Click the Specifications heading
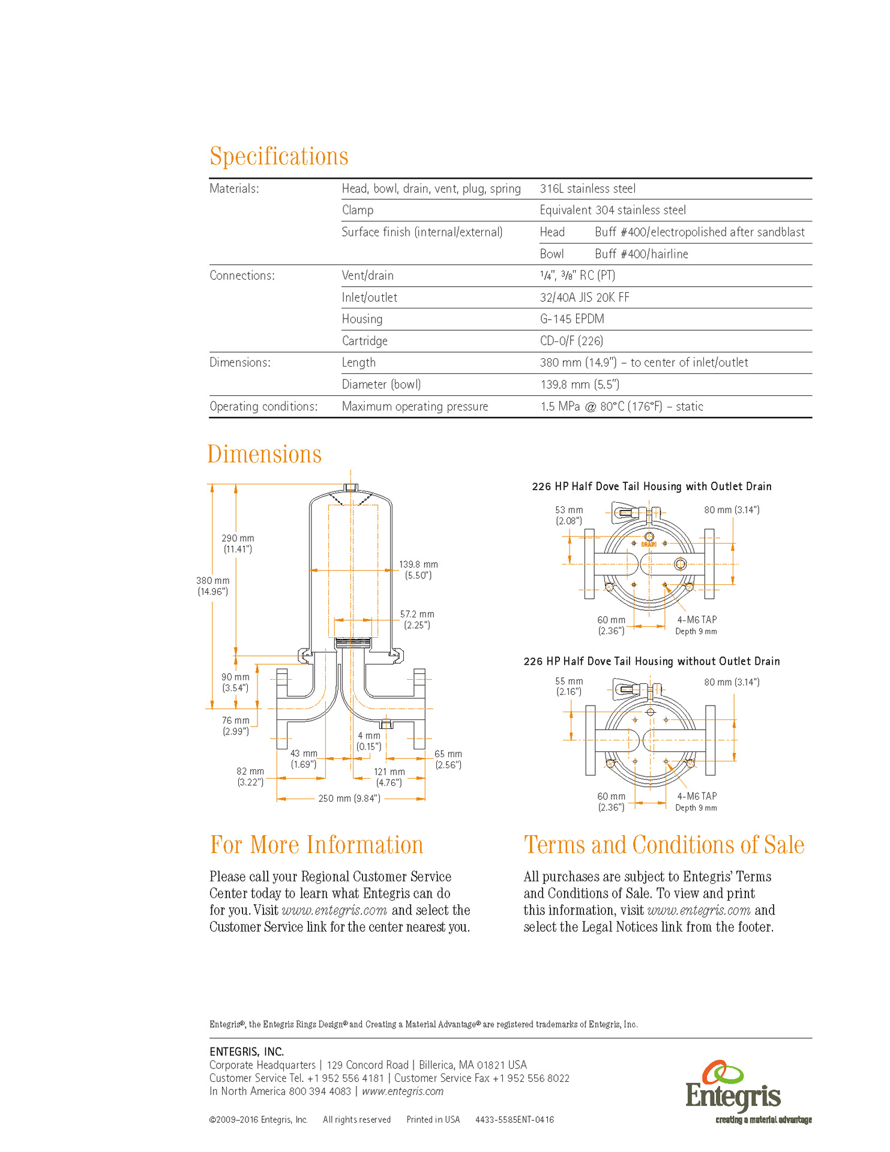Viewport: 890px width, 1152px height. [278, 156]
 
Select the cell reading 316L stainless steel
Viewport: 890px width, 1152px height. [588, 189]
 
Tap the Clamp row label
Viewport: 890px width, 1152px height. [358, 211]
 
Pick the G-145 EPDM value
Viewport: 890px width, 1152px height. [572, 319]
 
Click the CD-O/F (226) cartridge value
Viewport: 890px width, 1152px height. [571, 341]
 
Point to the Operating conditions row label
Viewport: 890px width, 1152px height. [263, 407]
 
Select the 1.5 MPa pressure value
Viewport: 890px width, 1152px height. [621, 407]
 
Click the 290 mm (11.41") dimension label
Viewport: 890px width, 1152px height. [238, 544]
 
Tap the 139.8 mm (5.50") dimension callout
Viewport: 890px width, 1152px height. [418, 570]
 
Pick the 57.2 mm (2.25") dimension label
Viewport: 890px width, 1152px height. [417, 620]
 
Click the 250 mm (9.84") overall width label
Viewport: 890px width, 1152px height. [349, 799]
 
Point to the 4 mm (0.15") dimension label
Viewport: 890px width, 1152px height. [369, 741]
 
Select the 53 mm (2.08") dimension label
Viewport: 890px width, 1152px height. [569, 515]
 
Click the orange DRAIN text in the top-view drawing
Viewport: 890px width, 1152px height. [649, 544]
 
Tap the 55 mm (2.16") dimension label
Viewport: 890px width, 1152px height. [569, 686]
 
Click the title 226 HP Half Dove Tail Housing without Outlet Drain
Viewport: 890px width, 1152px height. [652, 661]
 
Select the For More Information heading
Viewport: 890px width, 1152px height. [316, 845]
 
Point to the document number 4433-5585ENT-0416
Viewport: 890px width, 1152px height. [515, 1120]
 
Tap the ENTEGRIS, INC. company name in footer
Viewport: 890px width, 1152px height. [247, 1052]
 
